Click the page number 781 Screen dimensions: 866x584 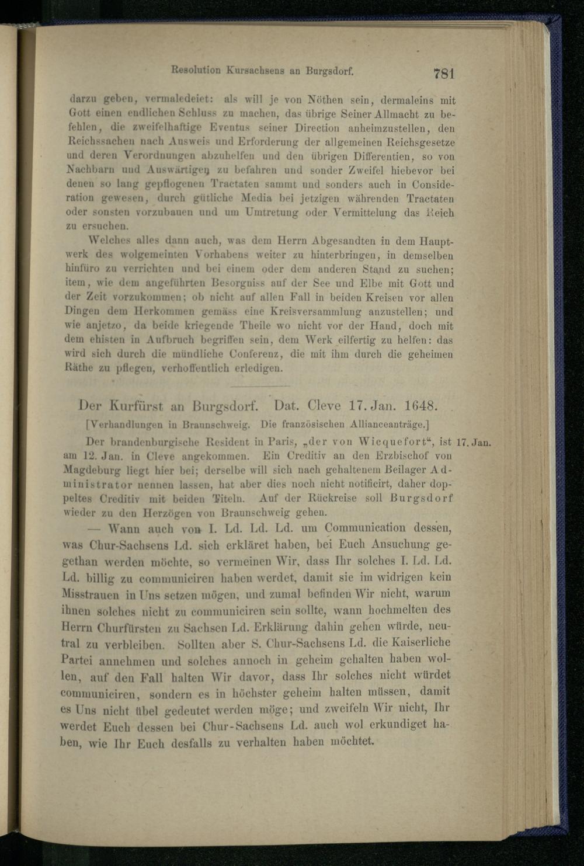[444, 74]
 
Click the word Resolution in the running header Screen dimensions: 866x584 [196, 71]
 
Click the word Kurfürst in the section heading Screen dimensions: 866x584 [136, 405]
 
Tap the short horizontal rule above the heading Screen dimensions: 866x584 [260, 386]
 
